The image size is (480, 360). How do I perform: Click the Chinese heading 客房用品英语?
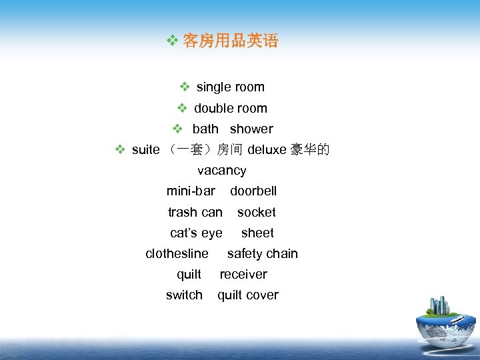pyautogui.click(x=230, y=41)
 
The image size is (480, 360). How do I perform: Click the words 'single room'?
pyautogui.click(x=230, y=87)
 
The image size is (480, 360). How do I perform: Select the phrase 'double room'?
pyautogui.click(x=230, y=108)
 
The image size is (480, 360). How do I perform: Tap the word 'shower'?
pyautogui.click(x=251, y=129)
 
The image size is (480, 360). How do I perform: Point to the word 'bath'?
pyautogui.click(x=205, y=129)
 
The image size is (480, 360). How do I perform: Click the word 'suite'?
pyautogui.click(x=145, y=150)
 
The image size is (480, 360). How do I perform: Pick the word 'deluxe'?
pyautogui.click(x=267, y=150)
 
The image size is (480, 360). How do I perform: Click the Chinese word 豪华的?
pyautogui.click(x=309, y=150)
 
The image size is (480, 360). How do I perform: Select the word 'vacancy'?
pyautogui.click(x=221, y=171)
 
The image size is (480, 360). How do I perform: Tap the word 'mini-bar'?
pyautogui.click(x=191, y=191)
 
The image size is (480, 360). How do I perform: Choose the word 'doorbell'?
pyautogui.click(x=253, y=191)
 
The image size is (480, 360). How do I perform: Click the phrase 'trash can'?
pyautogui.click(x=195, y=213)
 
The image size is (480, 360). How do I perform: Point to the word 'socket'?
pyautogui.click(x=256, y=213)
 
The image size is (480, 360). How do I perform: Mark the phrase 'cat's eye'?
pyautogui.click(x=196, y=233)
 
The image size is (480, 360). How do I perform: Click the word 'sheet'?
pyautogui.click(x=257, y=233)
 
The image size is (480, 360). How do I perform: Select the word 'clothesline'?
pyautogui.click(x=177, y=254)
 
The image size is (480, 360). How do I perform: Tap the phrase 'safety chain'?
pyautogui.click(x=262, y=254)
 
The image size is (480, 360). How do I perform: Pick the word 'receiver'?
pyautogui.click(x=243, y=275)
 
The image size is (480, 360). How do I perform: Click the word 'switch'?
pyautogui.click(x=184, y=295)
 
